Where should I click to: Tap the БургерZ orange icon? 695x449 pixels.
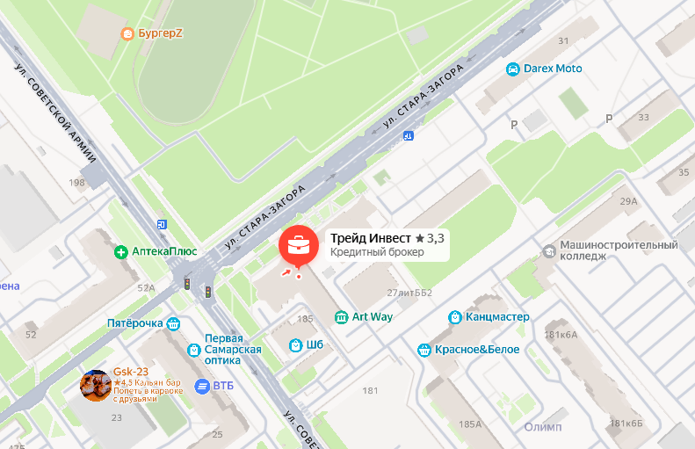[127, 34]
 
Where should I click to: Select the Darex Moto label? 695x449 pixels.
[553, 69]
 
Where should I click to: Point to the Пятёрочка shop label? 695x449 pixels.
[134, 323]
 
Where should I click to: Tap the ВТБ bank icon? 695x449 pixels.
[203, 385]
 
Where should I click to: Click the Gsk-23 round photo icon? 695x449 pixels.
[95, 384]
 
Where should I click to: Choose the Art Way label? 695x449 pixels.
[373, 316]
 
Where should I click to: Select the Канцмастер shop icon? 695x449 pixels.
[454, 316]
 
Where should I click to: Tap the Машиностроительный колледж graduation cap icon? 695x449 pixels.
[549, 250]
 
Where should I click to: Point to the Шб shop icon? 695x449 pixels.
[296, 344]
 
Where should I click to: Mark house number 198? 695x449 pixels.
[76, 183]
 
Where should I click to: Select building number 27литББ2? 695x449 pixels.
[409, 293]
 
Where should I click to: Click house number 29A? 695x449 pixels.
[628, 201]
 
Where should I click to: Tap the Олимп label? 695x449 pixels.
[542, 427]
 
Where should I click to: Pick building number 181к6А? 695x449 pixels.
[561, 334]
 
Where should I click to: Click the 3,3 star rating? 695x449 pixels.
[430, 238]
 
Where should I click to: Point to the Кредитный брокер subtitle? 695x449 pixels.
[377, 253]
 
